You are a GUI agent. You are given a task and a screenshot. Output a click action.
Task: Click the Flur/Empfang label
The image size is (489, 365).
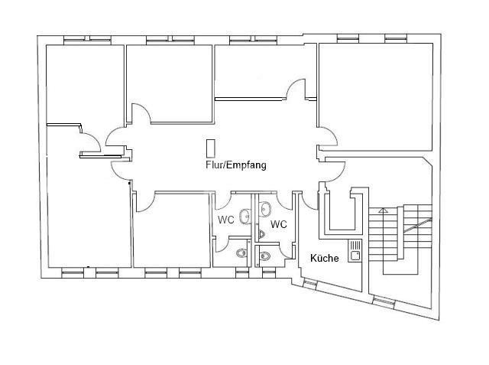coord(236,165)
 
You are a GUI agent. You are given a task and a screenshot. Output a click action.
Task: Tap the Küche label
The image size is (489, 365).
coord(324,258)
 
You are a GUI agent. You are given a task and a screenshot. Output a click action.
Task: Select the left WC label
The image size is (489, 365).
coord(226,220)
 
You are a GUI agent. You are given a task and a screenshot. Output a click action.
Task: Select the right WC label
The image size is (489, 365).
coord(279,224)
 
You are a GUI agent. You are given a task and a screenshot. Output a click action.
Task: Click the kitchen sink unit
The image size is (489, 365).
coord(355,250)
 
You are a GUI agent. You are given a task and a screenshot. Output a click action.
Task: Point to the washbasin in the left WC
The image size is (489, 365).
coord(245,217)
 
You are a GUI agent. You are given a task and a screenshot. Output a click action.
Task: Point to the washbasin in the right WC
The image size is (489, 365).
coord(266,208)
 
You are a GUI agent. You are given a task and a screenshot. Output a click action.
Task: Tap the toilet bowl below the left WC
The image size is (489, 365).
coord(241,253)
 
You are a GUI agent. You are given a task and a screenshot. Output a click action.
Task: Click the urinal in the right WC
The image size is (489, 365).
coord(261,234)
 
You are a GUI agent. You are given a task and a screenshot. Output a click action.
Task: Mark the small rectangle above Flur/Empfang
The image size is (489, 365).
coord(211,148)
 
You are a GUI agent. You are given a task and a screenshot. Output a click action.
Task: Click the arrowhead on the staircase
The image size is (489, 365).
coord(384,210)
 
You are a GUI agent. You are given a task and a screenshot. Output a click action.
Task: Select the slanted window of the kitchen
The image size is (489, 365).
coord(311,284)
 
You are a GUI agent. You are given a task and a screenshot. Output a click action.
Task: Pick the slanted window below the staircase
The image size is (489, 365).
coord(384,301)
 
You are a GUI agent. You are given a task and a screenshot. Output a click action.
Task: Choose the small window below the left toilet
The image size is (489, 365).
coord(242,275)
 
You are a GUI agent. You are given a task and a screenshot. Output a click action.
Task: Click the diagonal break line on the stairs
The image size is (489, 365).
coord(418,225)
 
